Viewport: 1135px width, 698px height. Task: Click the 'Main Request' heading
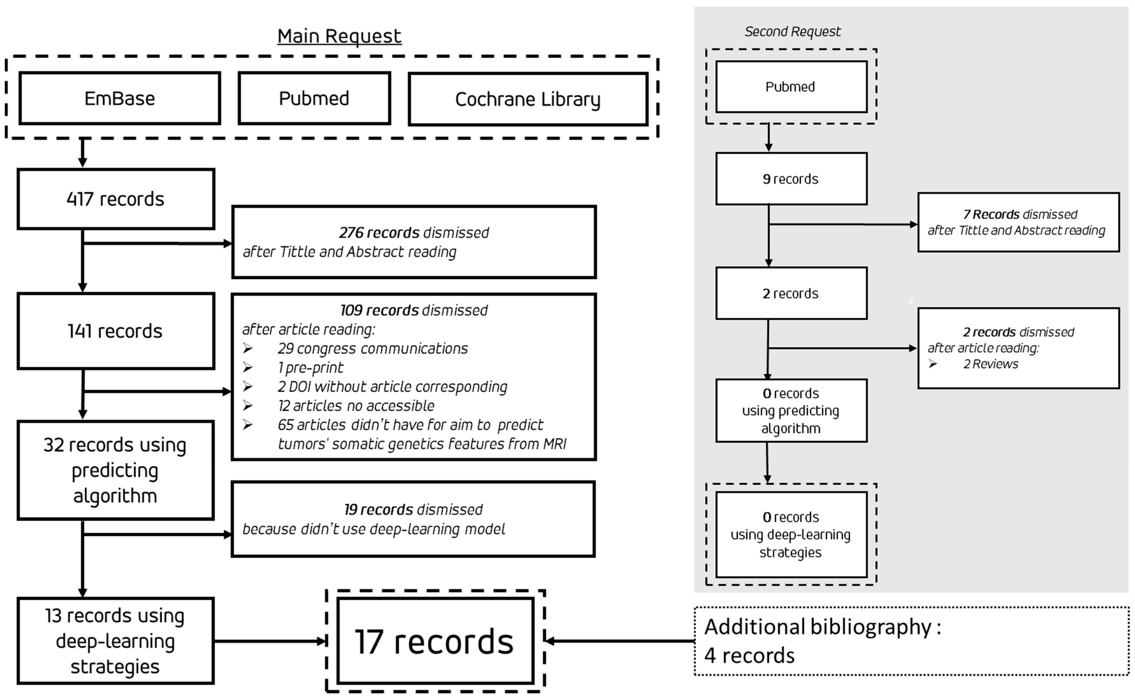tap(339, 36)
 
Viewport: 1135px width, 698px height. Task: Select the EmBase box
tap(120, 98)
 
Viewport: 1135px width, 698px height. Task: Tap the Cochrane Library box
tap(528, 99)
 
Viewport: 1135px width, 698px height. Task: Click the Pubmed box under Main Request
tap(314, 98)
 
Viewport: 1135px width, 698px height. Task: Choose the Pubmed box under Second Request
tap(791, 87)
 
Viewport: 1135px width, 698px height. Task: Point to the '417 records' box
tap(115, 199)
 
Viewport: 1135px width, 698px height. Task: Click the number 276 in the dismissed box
tap(351, 233)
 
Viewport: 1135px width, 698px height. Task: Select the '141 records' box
tap(115, 331)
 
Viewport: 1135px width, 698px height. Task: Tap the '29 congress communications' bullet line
tap(373, 349)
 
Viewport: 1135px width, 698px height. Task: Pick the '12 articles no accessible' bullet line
tap(356, 406)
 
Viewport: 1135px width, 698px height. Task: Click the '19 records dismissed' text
tap(413, 510)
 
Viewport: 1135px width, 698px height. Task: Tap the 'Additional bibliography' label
tap(822, 627)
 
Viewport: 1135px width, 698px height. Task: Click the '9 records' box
tap(791, 179)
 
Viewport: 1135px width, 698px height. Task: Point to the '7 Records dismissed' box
tap(1018, 222)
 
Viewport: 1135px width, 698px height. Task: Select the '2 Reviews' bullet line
tap(990, 364)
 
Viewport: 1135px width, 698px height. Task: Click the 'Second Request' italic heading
tap(792, 31)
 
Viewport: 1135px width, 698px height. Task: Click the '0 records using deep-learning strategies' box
tap(791, 535)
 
